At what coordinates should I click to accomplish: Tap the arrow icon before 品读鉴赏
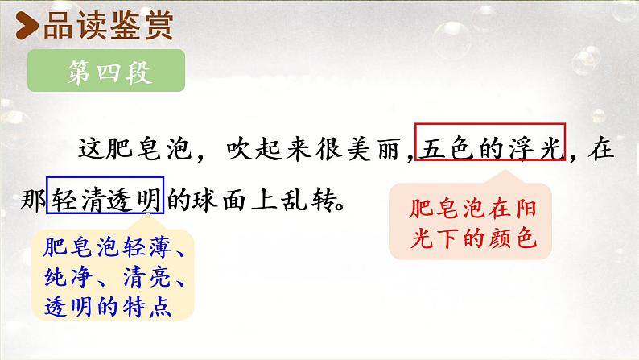point(28,27)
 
